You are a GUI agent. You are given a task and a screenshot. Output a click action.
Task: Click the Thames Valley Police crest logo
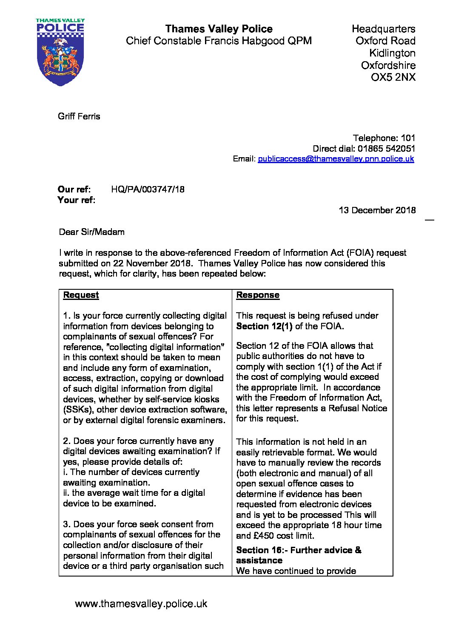[x=60, y=52]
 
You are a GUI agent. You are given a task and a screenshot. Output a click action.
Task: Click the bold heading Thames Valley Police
[x=219, y=29]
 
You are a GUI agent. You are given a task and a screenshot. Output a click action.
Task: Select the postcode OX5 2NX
[x=393, y=77]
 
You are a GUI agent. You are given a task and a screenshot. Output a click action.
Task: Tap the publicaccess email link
[x=336, y=159]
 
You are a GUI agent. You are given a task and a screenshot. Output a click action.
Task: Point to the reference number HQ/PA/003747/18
[x=148, y=189]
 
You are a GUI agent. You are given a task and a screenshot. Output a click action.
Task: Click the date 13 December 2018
[x=377, y=210]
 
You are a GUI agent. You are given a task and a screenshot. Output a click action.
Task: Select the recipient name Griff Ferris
[x=79, y=116]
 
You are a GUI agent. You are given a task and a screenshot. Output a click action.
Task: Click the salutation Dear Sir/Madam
[x=92, y=232]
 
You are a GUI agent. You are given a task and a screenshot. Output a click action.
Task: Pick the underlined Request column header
[x=81, y=295]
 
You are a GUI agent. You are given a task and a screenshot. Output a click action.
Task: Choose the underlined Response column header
[x=258, y=295]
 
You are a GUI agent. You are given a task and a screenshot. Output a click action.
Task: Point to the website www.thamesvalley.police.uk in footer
[x=141, y=604]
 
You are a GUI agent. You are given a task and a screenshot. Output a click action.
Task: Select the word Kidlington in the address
[x=392, y=53]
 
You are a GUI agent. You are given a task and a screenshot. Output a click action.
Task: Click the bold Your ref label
[x=76, y=200]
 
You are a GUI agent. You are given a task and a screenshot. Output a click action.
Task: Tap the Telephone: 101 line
[x=384, y=138]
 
